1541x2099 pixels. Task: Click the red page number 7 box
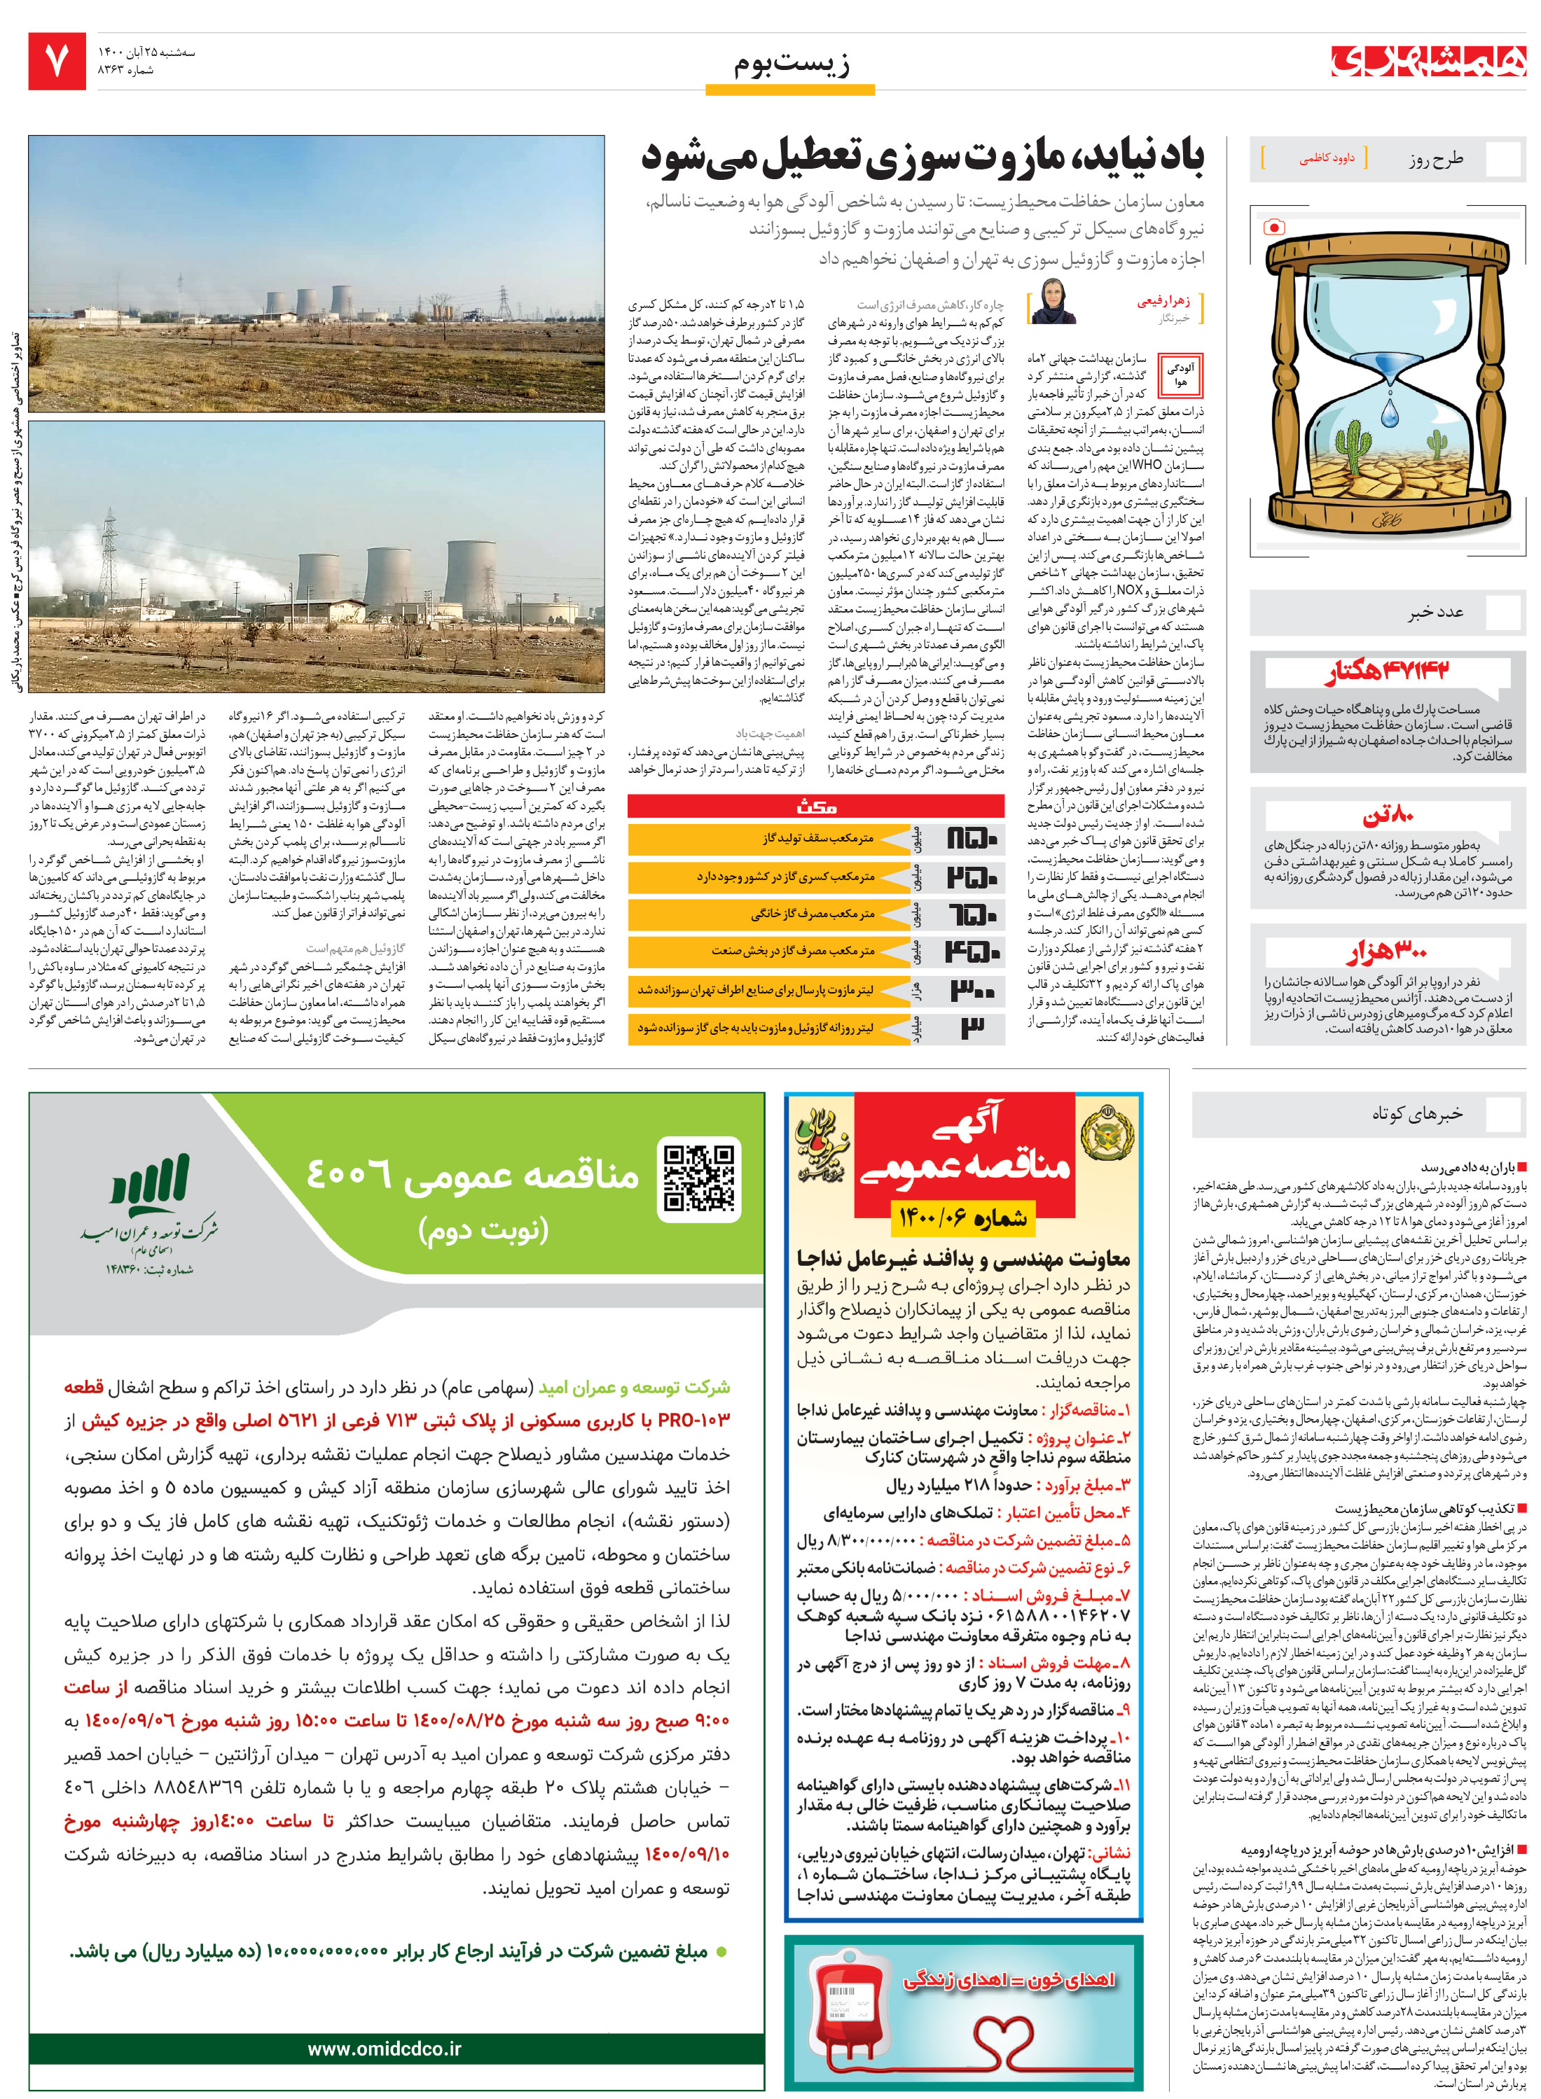click(56, 62)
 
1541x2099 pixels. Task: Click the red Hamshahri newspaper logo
click(1428, 61)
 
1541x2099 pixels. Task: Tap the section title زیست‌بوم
click(791, 64)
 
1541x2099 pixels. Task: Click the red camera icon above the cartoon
click(1273, 227)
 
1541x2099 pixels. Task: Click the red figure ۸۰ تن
click(1388, 815)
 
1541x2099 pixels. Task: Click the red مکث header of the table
click(816, 806)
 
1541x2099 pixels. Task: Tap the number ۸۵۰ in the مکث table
click(972, 839)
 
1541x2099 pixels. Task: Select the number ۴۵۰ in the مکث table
click(972, 952)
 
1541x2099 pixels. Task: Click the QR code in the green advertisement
click(698, 1178)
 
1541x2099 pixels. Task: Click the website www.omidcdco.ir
click(385, 2048)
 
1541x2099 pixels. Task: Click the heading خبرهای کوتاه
click(1416, 1113)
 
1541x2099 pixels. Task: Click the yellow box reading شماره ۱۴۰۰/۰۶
click(962, 1217)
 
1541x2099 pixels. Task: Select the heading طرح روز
click(1436, 160)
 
